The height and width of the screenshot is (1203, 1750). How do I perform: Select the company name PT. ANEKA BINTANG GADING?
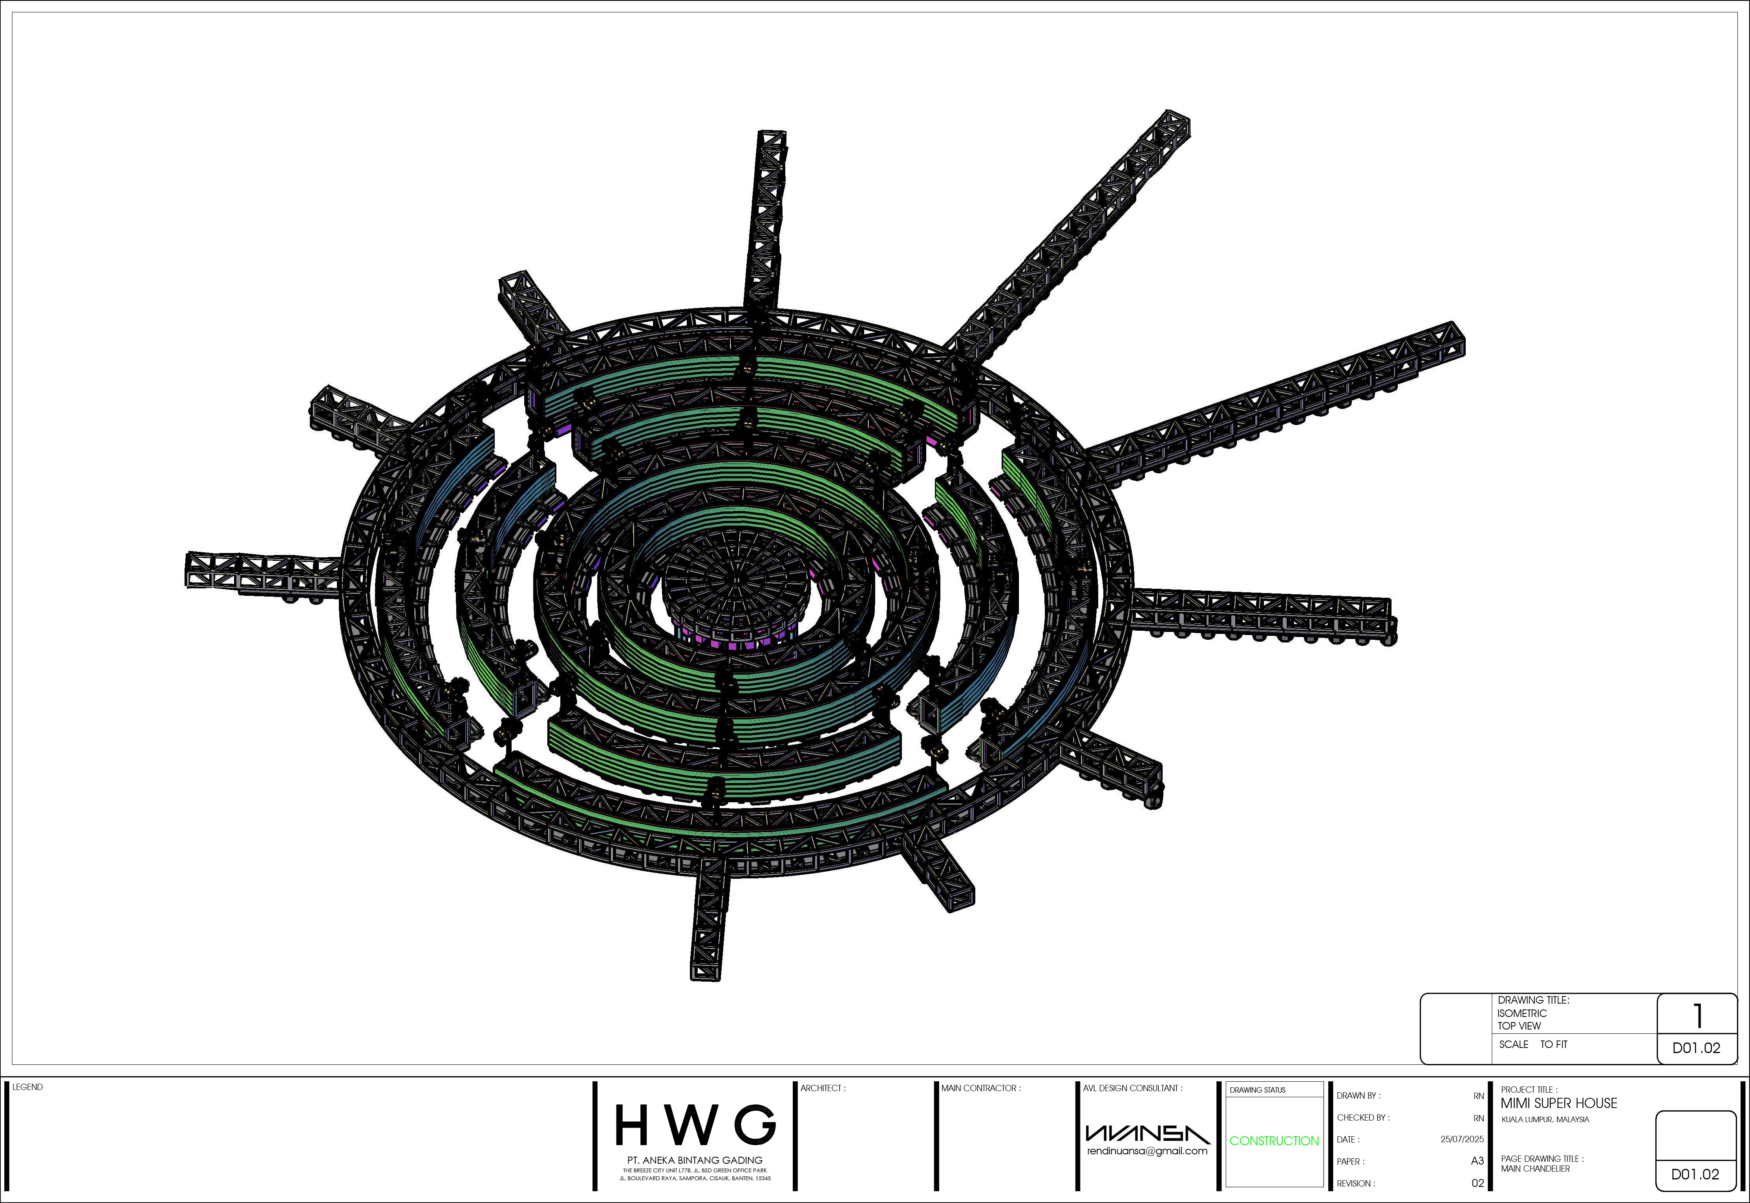click(695, 1160)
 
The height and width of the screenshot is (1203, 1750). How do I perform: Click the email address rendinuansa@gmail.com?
click(1147, 1151)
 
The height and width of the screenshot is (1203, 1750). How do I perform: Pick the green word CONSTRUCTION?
click(1274, 1141)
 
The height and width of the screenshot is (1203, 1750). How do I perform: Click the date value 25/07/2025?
click(1462, 1139)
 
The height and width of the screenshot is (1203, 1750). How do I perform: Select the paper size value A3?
click(1477, 1161)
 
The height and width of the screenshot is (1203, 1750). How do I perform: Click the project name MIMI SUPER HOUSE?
click(1558, 1103)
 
